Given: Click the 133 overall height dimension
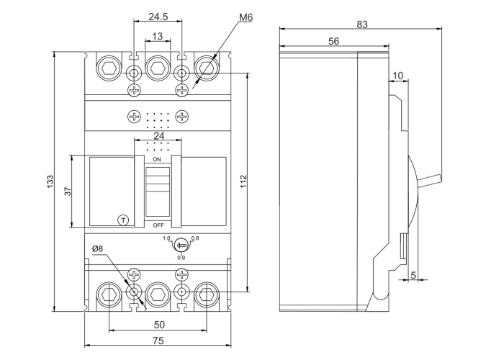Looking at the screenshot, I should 50,181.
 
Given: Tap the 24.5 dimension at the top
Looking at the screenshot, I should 158,15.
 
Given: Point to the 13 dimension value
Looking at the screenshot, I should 158,36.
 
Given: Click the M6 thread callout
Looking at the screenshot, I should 245,16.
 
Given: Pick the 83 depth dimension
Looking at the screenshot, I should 361,24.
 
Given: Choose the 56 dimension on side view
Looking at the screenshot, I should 333,42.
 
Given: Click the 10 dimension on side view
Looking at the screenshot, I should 398,75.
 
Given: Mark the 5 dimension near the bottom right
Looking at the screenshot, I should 413,274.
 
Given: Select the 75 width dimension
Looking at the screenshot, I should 158,341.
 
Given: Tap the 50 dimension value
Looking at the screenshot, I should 159,325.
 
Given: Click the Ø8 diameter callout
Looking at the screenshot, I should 98,249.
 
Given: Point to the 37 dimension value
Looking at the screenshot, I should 66,191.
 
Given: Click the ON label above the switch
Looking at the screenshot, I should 157,158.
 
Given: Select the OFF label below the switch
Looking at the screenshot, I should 158,225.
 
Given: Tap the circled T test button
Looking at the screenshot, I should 122,220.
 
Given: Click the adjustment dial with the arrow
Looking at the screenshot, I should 181,244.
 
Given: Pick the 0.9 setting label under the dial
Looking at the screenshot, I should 181,258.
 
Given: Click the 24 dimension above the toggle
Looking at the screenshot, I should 158,136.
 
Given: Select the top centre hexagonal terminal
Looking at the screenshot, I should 158,68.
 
